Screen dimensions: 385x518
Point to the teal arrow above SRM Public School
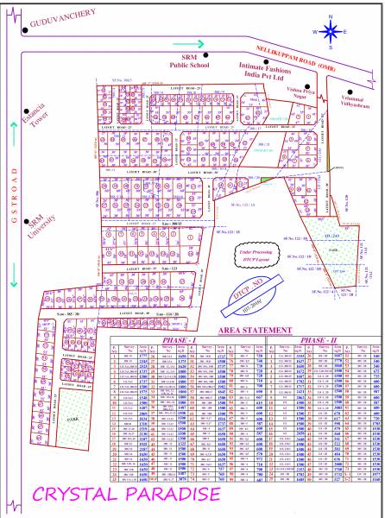190,44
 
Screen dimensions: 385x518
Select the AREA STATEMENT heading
254,331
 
